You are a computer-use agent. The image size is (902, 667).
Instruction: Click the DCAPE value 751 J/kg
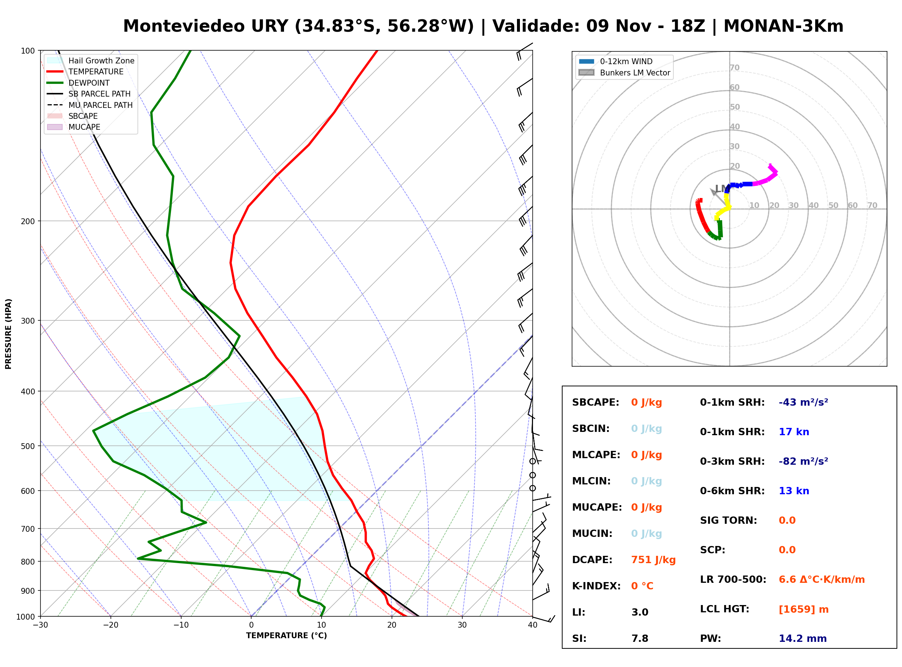coord(653,560)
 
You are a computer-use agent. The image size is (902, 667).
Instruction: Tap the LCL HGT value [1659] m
coord(804,609)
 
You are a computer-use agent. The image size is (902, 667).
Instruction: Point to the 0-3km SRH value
coord(803,461)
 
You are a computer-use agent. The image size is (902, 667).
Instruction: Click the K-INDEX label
coord(596,586)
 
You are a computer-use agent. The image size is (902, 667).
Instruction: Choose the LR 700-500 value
coord(822,580)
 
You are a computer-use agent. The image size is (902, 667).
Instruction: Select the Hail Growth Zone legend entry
coord(91,61)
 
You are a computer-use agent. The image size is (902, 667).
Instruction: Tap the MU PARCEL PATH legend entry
coord(90,105)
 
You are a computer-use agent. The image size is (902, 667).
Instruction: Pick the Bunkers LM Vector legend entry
coord(624,73)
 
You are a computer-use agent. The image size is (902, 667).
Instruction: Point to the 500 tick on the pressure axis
coord(28,446)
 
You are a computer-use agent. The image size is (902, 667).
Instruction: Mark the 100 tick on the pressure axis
coord(28,51)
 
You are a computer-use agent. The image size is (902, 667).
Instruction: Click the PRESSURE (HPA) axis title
coord(8,334)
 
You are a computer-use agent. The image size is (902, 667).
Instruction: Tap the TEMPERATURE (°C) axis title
coord(287,636)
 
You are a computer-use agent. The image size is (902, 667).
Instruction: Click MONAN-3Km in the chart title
coord(783,26)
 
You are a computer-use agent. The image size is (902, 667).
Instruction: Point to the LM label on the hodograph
coord(721,189)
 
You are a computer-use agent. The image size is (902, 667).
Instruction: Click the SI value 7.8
coord(640,639)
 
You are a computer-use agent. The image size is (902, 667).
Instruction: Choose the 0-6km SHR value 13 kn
coord(794,491)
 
